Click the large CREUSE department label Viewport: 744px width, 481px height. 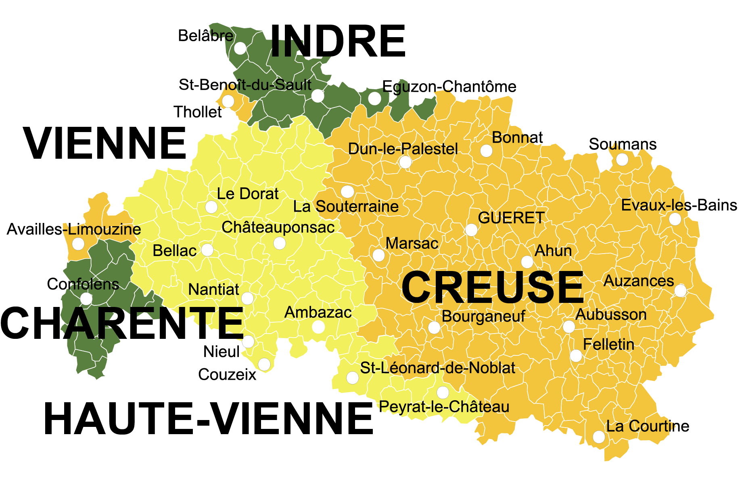point(492,287)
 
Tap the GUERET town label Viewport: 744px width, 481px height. point(511,218)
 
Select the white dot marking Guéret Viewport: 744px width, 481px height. point(471,230)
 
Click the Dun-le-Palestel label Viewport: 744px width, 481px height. point(403,149)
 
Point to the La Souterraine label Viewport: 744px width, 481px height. point(346,206)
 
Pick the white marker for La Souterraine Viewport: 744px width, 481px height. point(347,191)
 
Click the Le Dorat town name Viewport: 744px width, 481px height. point(248,194)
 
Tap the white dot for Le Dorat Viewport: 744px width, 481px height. point(211,207)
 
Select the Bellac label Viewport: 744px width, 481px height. point(174,251)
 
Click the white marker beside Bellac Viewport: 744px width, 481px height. point(207,250)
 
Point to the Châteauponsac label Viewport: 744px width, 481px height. point(278,227)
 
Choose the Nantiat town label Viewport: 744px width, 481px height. point(214,290)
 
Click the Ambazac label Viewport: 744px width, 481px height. point(318,312)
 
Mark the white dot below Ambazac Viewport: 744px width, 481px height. point(318,327)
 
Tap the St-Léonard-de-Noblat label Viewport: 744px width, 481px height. point(437,368)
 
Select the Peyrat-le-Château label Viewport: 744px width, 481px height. point(444,407)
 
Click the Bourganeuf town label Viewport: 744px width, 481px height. point(483,316)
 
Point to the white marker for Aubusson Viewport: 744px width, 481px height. point(569,327)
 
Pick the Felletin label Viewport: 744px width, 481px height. point(608,344)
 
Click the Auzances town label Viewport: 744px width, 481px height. point(638,281)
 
